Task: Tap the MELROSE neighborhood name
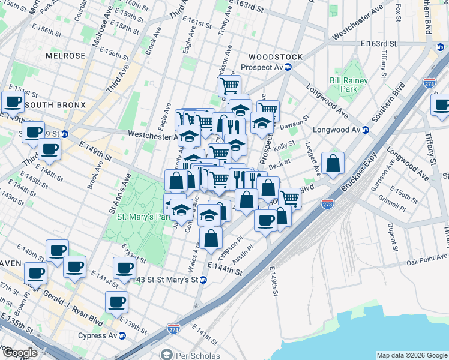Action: [65, 56]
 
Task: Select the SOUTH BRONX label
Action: [55, 105]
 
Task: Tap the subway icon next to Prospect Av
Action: [288, 67]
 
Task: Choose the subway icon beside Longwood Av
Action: [364, 130]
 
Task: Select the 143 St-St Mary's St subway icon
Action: [203, 280]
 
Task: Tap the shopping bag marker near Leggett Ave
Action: [333, 163]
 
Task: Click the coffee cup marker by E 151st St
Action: [13, 103]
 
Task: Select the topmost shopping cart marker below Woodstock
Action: [229, 86]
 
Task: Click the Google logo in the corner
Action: [20, 353]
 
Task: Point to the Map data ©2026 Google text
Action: [411, 355]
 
